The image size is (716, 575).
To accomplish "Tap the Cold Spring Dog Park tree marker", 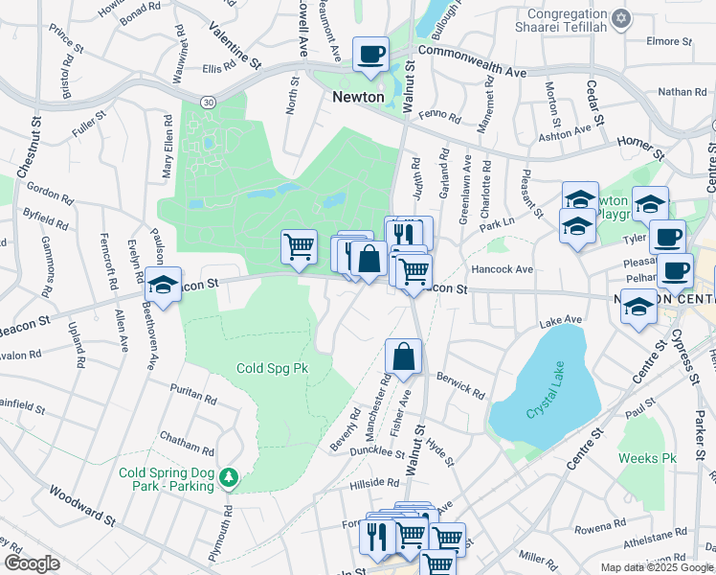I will (x=228, y=476).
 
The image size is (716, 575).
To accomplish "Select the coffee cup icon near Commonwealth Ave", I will (x=369, y=55).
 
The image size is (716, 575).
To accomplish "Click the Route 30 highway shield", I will (x=207, y=101).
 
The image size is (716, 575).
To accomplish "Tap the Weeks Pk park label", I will (x=647, y=458).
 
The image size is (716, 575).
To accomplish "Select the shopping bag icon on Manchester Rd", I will (x=404, y=356).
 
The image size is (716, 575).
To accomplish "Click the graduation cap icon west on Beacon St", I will (x=163, y=286).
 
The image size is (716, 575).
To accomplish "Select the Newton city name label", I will (x=358, y=97).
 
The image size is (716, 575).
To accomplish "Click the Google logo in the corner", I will (x=31, y=563).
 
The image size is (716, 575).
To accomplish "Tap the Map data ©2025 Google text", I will (x=656, y=567).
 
